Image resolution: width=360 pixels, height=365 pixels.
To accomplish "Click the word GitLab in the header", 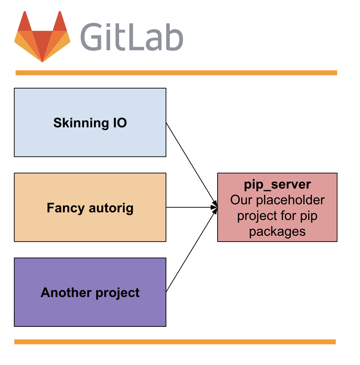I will click(x=132, y=37).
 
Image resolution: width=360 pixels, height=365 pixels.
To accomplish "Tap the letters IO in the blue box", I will click(x=120, y=123).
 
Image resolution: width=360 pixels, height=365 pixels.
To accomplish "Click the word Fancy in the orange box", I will click(x=65, y=208).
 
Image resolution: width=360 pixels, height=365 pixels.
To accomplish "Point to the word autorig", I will click(x=111, y=208).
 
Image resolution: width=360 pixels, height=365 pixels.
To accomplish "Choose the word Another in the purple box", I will click(x=66, y=293).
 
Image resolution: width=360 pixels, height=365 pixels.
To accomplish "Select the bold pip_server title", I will click(x=277, y=185).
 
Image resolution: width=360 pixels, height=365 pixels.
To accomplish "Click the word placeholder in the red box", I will click(x=290, y=200).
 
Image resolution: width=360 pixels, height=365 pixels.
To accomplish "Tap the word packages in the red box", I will click(x=277, y=232).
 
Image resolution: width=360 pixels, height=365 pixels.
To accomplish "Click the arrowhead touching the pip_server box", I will click(x=214, y=208).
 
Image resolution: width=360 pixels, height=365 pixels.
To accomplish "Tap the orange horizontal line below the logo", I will click(x=176, y=73).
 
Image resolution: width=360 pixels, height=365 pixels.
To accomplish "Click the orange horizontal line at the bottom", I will click(x=175, y=342).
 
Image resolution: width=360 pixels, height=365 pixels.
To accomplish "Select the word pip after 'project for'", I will click(x=309, y=216).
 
